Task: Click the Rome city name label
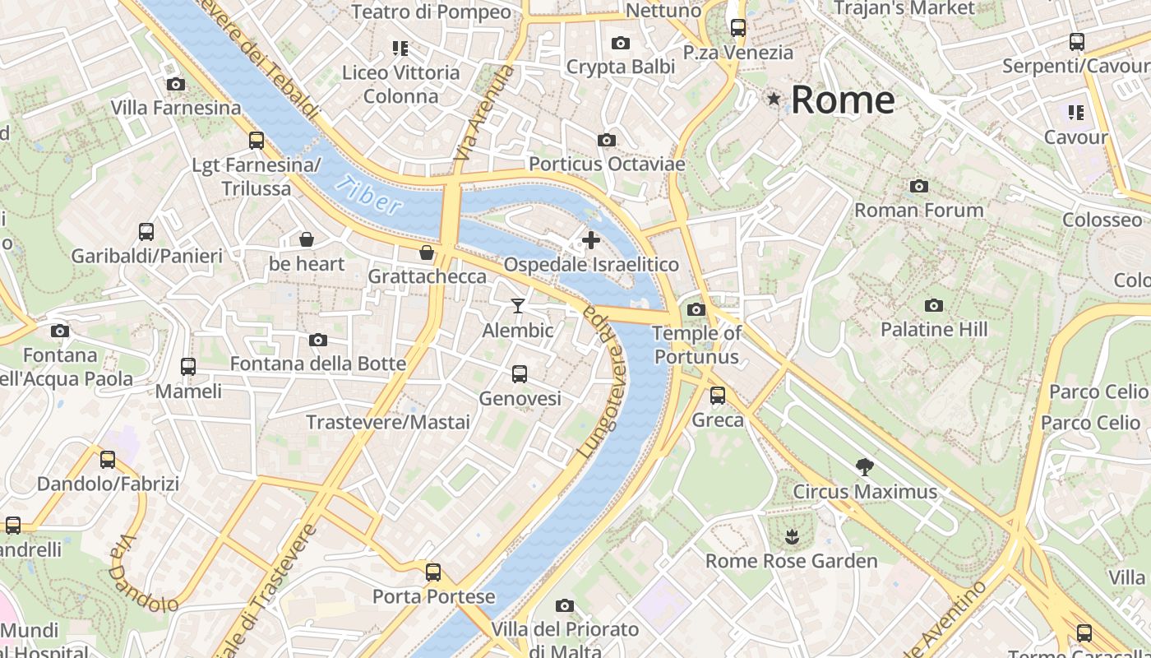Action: point(842,100)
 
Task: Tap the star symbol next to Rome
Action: point(774,100)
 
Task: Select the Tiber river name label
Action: point(369,196)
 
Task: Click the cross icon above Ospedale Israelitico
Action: point(590,240)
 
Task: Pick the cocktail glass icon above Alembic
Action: point(517,306)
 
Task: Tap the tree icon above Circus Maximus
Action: point(864,467)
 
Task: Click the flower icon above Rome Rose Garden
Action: point(791,537)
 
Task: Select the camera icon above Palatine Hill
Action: point(933,305)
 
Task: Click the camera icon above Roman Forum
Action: point(918,186)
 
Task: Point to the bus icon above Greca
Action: point(718,396)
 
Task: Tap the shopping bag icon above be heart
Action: point(306,239)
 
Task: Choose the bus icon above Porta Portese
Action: point(433,572)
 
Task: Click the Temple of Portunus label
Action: point(696,345)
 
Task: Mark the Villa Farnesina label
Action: point(176,108)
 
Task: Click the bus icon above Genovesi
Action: point(519,374)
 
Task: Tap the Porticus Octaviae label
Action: point(606,164)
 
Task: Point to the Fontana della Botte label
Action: point(317,364)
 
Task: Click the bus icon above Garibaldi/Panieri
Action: point(146,232)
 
